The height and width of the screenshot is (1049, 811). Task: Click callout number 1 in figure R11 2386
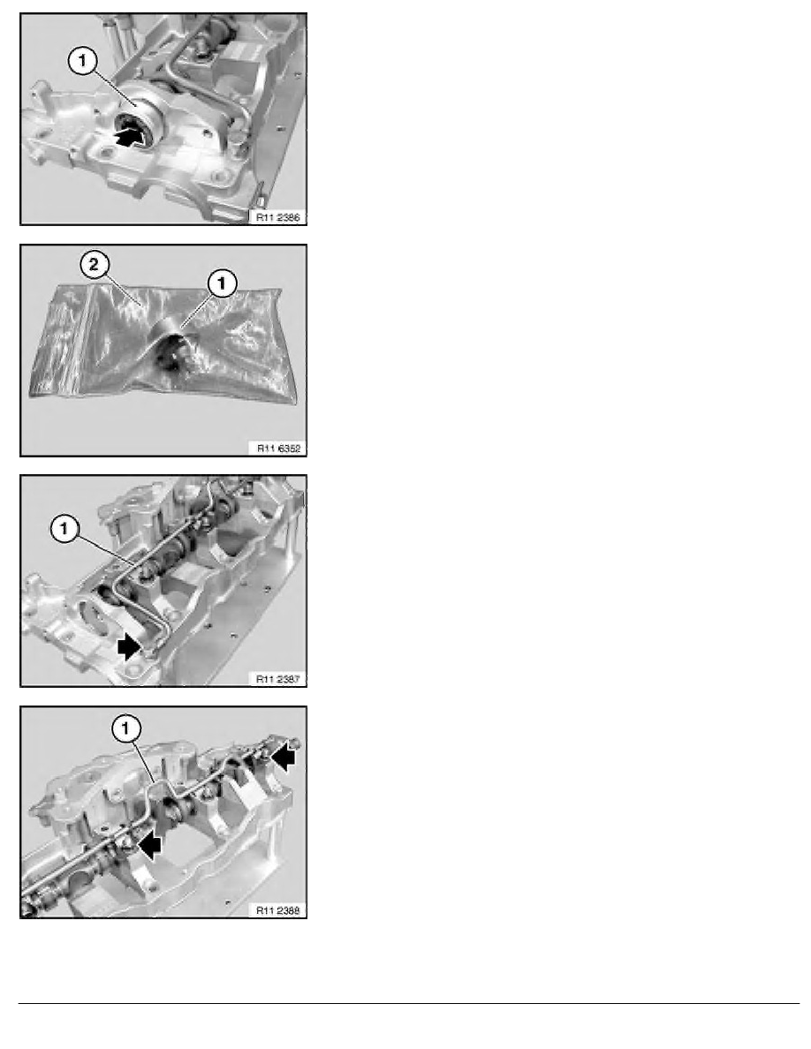(x=81, y=62)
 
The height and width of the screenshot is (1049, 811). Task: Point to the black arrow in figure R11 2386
(x=130, y=137)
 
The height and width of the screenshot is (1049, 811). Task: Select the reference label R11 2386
(x=277, y=217)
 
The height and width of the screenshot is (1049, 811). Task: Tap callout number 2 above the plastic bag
(x=95, y=264)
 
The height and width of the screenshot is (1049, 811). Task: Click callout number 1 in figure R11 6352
(x=222, y=283)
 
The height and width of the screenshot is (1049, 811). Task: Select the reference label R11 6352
(x=278, y=449)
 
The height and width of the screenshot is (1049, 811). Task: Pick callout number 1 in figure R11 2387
(x=64, y=529)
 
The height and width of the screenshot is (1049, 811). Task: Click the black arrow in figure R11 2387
(x=128, y=647)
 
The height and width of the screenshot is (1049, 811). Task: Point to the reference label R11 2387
(x=277, y=679)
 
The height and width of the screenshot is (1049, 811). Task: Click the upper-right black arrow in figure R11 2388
(x=283, y=758)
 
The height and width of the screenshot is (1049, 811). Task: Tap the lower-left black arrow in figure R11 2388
(x=149, y=846)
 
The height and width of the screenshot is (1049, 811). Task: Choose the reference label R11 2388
(x=277, y=909)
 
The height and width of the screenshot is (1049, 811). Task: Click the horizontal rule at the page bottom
(x=409, y=1003)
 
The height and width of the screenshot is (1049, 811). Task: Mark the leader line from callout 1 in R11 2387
(x=104, y=547)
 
